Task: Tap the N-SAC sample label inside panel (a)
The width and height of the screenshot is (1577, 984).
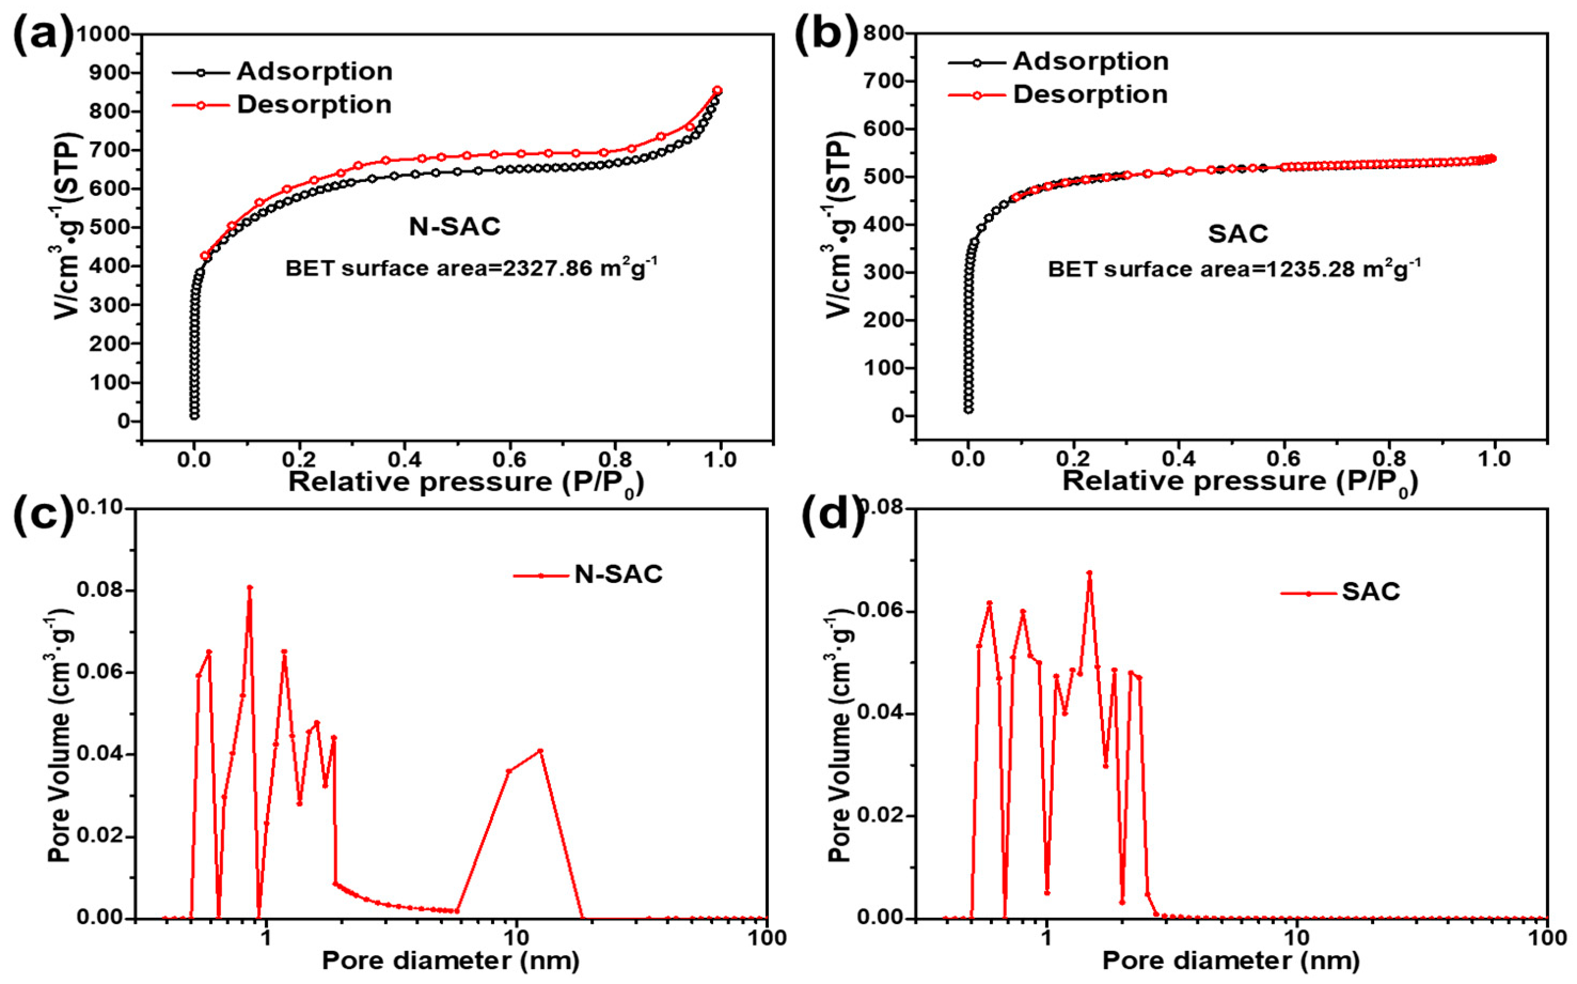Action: (455, 226)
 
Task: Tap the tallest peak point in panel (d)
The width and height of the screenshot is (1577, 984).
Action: (1089, 573)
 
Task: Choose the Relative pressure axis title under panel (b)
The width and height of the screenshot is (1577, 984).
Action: (1240, 482)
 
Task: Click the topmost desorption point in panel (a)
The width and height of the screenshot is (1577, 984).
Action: (717, 90)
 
